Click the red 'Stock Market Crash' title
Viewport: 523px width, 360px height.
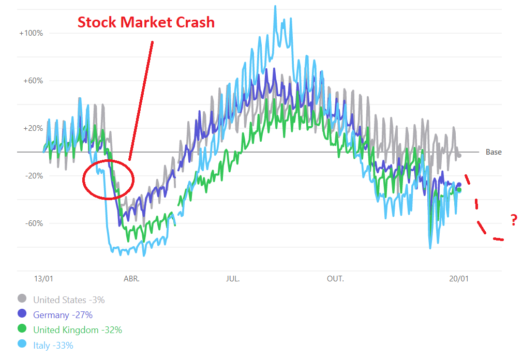[146, 22]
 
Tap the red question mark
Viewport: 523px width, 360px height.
[513, 221]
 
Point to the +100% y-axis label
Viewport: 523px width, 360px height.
[31, 33]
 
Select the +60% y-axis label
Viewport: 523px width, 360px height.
[32, 81]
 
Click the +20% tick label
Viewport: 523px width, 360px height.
[32, 128]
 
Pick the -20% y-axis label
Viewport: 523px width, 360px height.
[33, 176]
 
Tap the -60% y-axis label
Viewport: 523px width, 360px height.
[33, 223]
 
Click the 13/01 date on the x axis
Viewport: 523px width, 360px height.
[43, 279]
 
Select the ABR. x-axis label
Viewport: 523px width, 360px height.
[131, 279]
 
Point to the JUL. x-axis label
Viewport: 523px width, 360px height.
[233, 279]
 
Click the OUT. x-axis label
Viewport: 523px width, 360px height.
[335, 279]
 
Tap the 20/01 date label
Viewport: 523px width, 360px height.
[459, 279]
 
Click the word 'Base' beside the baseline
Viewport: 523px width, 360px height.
[494, 152]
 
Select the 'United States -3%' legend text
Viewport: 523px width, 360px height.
[69, 299]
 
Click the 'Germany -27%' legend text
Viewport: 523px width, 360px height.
[63, 314]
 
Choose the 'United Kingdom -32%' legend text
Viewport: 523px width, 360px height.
[78, 329]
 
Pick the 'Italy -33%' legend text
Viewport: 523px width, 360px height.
[53, 345]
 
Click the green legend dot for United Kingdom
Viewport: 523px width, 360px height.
[22, 329]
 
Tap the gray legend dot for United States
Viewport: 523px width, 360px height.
[22, 298]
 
